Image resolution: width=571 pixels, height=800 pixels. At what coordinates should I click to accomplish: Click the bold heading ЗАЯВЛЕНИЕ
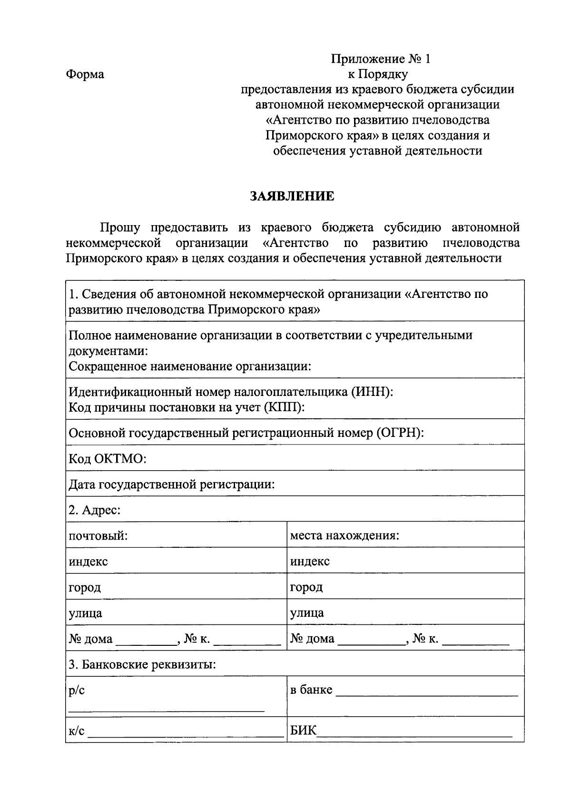(x=292, y=196)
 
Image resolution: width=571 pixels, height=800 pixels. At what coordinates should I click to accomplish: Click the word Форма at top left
(x=85, y=75)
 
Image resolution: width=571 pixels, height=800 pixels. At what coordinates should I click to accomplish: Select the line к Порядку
(x=378, y=74)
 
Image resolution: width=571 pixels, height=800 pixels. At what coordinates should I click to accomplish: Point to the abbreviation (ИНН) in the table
(x=373, y=392)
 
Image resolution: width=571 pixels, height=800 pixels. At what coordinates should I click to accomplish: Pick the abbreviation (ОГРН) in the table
(x=400, y=433)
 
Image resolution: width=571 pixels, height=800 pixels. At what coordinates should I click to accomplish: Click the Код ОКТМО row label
(x=108, y=459)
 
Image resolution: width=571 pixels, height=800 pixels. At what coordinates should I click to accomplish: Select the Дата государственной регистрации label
(x=172, y=484)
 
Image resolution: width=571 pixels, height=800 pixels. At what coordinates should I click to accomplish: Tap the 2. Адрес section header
(x=95, y=510)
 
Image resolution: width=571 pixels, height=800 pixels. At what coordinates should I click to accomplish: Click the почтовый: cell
(x=98, y=536)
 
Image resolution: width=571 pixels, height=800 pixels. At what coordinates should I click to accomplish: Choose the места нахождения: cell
(x=344, y=536)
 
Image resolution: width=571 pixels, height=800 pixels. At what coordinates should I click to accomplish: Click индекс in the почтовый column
(x=89, y=562)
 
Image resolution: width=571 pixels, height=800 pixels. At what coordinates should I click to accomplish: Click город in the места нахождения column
(x=306, y=587)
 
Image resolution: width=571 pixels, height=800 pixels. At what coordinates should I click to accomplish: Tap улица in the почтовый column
(x=86, y=613)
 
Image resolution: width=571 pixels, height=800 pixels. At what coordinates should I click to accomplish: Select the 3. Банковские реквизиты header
(x=142, y=664)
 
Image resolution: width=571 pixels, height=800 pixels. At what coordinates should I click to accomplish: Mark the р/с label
(x=77, y=691)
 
